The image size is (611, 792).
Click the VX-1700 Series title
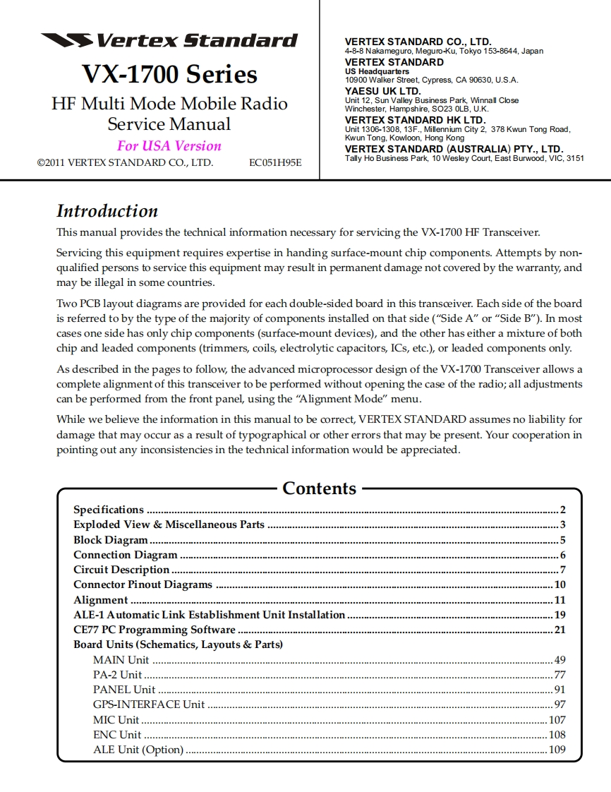coord(169,74)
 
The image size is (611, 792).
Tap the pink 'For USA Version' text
coord(169,146)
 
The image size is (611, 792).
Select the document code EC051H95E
coord(275,162)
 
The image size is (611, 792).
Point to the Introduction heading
coord(107,211)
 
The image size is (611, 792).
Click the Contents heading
coord(319,488)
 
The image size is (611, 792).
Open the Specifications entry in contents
coord(109,510)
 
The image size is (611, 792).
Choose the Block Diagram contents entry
coord(111,540)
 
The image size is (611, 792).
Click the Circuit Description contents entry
coord(121,570)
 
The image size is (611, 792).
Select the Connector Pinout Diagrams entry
coord(143,584)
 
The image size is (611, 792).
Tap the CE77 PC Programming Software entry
coord(154,630)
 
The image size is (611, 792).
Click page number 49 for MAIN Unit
coord(559,660)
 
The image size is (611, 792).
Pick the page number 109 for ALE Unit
coord(557,750)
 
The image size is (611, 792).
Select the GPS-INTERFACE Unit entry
coord(149,704)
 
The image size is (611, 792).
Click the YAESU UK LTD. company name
coord(382,91)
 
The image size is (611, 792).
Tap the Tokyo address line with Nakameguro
coord(444,52)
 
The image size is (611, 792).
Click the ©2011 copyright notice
coord(125,162)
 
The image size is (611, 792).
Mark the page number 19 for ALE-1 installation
coord(559,615)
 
